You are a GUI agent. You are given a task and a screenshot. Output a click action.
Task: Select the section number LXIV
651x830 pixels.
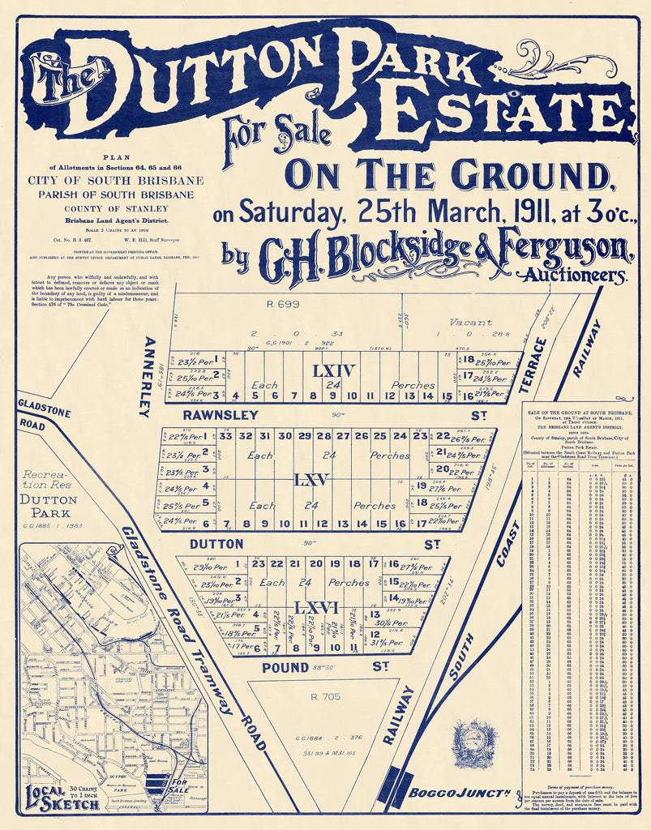click(x=335, y=370)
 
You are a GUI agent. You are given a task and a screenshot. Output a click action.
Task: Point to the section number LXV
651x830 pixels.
click(x=311, y=480)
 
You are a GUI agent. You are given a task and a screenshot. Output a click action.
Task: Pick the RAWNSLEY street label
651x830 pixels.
click(x=209, y=415)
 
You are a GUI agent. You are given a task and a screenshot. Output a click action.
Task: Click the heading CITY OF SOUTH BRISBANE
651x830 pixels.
click(x=116, y=181)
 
